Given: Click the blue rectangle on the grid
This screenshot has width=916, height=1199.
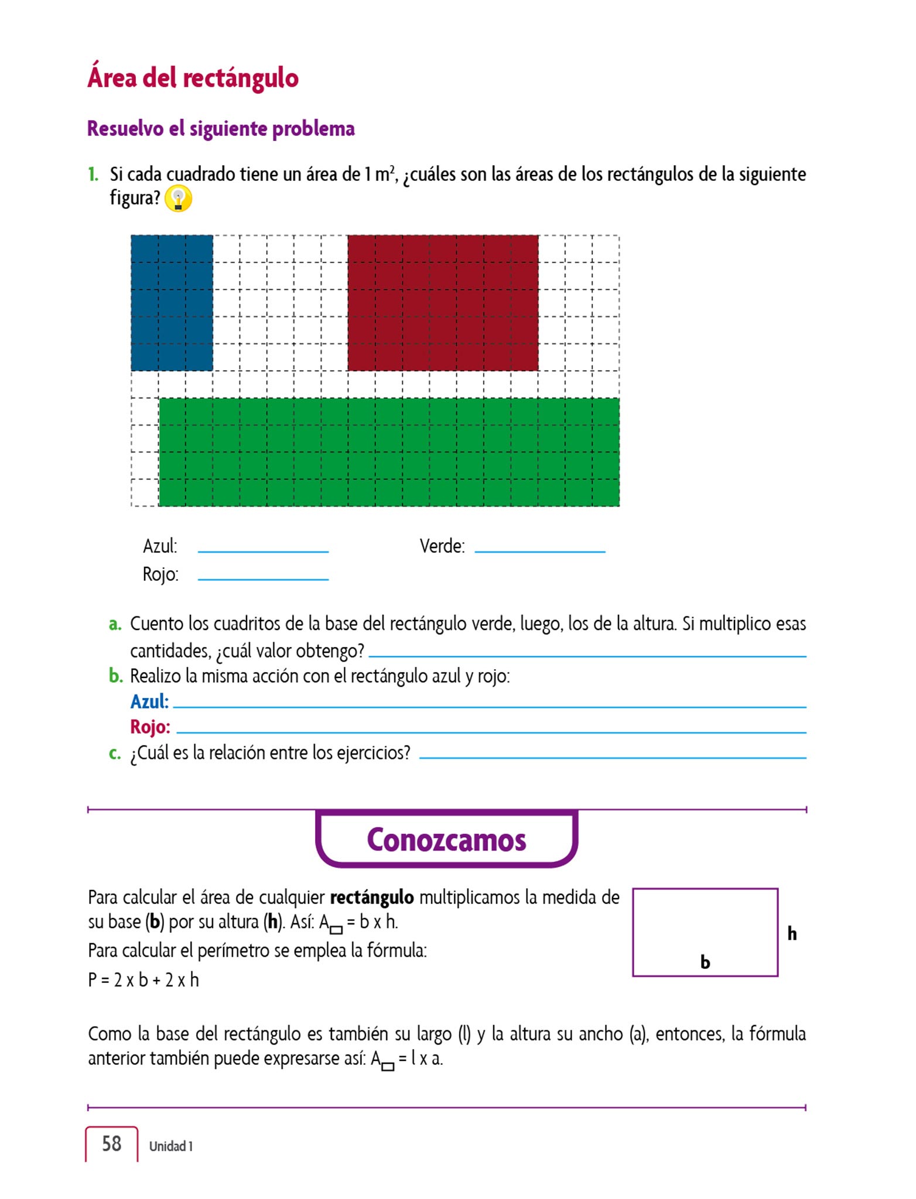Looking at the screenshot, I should click(172, 303).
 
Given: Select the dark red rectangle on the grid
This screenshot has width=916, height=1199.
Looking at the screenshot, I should click(443, 303).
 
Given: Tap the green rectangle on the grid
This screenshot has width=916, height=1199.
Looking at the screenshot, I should click(389, 452).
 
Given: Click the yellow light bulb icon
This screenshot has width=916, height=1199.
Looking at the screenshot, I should click(178, 199).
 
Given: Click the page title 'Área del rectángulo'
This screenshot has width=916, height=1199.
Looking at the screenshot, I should click(193, 78).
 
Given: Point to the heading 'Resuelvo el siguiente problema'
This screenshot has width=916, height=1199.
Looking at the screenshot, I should click(221, 129).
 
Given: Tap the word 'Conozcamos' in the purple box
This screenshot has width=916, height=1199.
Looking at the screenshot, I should click(446, 840).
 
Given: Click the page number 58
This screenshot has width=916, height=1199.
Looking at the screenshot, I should click(111, 1144).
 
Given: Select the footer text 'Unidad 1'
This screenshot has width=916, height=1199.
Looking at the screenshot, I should click(170, 1146).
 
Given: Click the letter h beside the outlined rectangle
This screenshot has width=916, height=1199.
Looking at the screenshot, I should click(792, 933).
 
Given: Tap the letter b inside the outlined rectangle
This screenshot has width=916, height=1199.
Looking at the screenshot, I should click(705, 962).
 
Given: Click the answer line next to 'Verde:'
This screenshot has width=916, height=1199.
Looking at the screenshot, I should click(539, 550).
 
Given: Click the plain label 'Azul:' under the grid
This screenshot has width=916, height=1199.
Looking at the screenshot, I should click(160, 546).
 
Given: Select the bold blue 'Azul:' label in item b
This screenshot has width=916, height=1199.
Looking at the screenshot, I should click(149, 701).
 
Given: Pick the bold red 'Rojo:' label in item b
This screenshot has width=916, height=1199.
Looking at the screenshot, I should click(150, 727).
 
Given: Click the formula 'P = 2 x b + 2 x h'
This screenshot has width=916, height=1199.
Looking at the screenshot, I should click(143, 980).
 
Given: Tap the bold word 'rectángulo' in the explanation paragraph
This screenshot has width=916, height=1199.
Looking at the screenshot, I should click(372, 897).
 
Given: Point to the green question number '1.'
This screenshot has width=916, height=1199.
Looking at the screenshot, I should click(93, 174).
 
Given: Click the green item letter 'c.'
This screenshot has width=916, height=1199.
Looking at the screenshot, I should click(115, 753).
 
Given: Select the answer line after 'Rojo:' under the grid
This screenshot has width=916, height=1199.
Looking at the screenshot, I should click(263, 578).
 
